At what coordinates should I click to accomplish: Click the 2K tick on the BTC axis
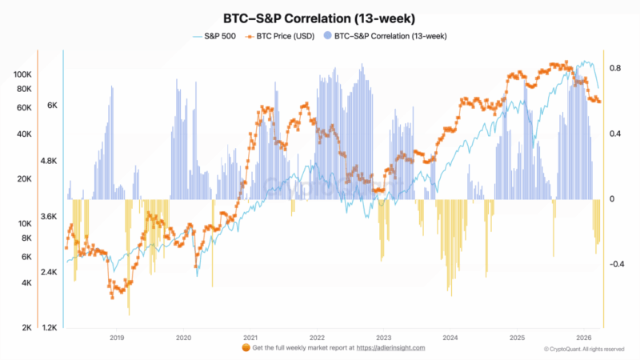[x=26, y=328]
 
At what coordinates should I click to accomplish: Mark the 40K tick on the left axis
[x=23, y=134]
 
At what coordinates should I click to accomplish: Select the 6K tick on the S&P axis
[x=52, y=105]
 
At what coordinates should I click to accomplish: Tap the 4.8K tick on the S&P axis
[x=50, y=161]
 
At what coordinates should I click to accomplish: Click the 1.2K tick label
[x=50, y=328]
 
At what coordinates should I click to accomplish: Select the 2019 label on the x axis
[x=116, y=338]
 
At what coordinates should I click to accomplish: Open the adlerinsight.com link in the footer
[x=390, y=348]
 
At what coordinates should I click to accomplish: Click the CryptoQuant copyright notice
[x=583, y=349]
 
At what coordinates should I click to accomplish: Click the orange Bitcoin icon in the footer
[x=246, y=348]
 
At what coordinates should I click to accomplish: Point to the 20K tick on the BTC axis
[x=23, y=180]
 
